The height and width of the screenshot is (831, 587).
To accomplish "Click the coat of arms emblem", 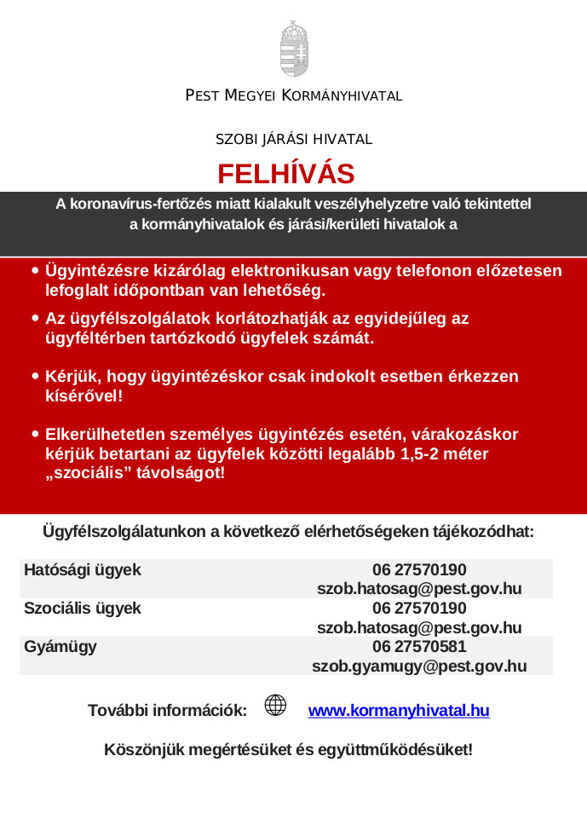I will [293, 49].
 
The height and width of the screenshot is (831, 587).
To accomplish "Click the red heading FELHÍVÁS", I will [285, 174].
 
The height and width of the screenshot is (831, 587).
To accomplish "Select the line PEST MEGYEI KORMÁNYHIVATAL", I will [293, 95].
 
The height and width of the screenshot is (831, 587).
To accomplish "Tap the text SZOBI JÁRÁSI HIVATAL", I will [293, 139].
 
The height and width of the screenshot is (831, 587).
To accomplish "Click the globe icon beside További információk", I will [275, 705].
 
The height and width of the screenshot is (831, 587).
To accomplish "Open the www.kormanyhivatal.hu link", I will [398, 710].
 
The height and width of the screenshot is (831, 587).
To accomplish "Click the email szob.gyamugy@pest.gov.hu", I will [419, 667].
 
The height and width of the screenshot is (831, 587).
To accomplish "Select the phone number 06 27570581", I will [419, 647].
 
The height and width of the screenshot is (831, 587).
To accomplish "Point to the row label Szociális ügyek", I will [83, 609].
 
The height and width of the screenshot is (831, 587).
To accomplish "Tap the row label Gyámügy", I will [60, 647].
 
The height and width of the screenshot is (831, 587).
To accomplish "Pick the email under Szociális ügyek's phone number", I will [419, 628].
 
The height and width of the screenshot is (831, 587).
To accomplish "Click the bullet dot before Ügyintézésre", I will [35, 271].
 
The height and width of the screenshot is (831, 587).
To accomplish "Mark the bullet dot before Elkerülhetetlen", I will [35, 434].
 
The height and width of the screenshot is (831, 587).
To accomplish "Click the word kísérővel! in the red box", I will [83, 395].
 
